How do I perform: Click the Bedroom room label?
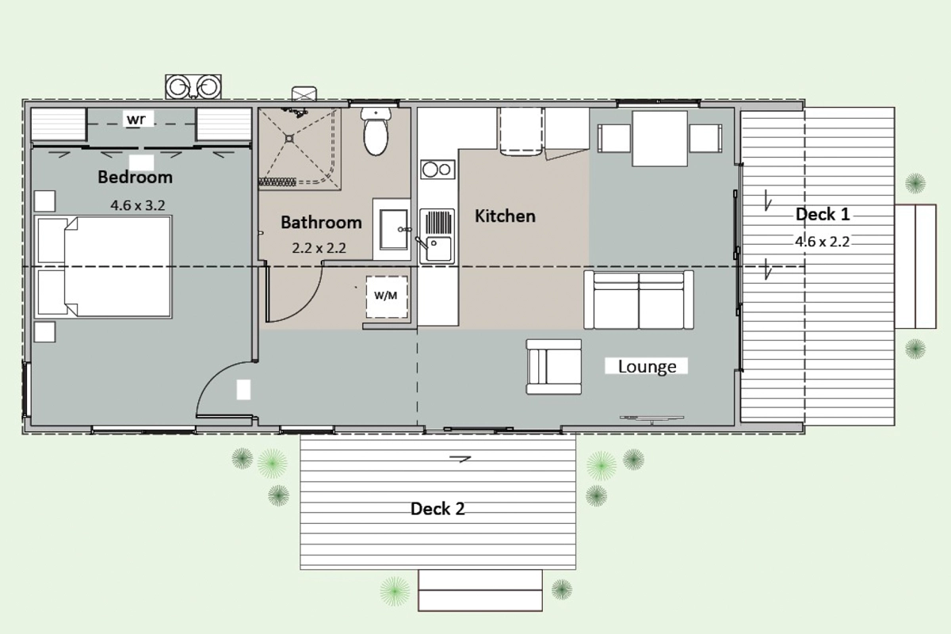pyautogui.click(x=135, y=177)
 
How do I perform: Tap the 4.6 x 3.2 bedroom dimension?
pyautogui.click(x=138, y=205)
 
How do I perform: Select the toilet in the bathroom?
pyautogui.click(x=376, y=132)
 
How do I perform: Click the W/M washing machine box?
pyautogui.click(x=387, y=297)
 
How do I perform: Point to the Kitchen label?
pyautogui.click(x=505, y=216)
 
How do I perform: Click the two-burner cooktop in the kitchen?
pyautogui.click(x=437, y=170)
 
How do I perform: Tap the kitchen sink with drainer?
pyautogui.click(x=437, y=236)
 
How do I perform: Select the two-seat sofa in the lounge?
pyautogui.click(x=639, y=300)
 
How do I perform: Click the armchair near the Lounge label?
pyautogui.click(x=554, y=367)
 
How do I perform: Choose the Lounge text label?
pyautogui.click(x=647, y=366)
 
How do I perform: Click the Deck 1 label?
pyautogui.click(x=823, y=215)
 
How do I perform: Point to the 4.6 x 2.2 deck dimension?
pyautogui.click(x=823, y=242)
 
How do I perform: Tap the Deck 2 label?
pyautogui.click(x=437, y=509)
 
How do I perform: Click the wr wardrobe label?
pyautogui.click(x=136, y=120)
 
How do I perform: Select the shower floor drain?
pyautogui.click(x=289, y=139)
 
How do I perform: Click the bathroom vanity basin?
pyautogui.click(x=393, y=230)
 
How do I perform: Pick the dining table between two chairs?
pyautogui.click(x=659, y=139)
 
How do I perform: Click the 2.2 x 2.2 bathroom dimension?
pyautogui.click(x=319, y=248)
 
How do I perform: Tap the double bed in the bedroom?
pyautogui.click(x=103, y=267)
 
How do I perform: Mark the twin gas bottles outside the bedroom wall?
pyautogui.click(x=193, y=87)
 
